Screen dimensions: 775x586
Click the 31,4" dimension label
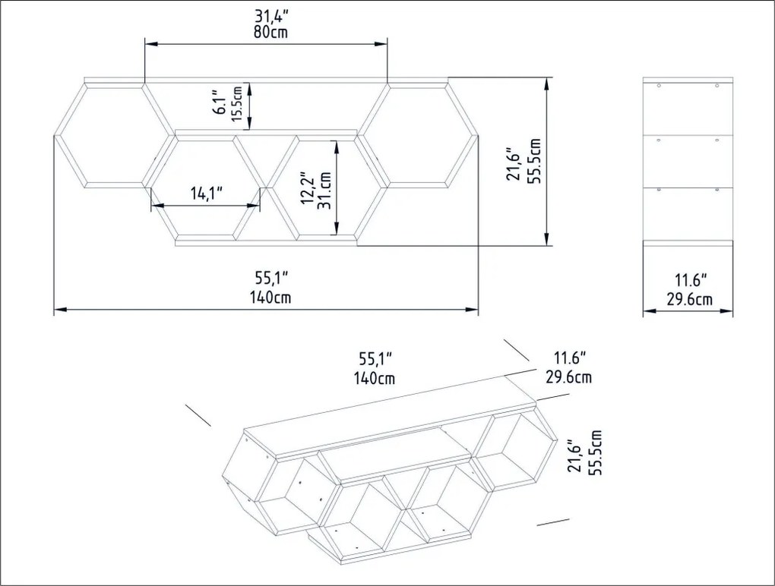tap(270, 16)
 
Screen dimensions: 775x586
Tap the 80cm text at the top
tap(270, 33)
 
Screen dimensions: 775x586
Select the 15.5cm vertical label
tap(237, 104)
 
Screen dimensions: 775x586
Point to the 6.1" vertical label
tap(221, 102)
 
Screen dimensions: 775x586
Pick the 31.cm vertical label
tap(324, 191)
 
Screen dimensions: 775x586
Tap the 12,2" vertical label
tap(308, 188)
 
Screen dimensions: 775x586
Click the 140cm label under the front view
tap(270, 298)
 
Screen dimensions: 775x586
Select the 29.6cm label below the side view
tap(690, 299)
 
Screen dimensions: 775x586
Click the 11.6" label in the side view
tap(691, 280)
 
